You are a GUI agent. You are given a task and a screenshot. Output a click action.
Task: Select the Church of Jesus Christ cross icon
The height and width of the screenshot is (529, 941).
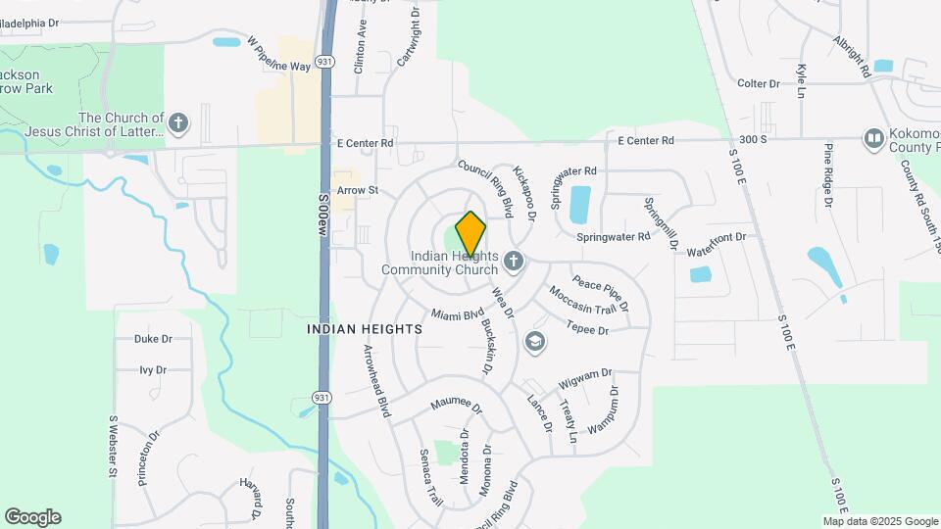[x=177, y=123]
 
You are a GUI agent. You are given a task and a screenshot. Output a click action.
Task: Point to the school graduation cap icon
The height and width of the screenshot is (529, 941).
[x=534, y=341]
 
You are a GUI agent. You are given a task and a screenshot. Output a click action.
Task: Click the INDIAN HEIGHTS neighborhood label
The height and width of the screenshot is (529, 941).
[x=365, y=329]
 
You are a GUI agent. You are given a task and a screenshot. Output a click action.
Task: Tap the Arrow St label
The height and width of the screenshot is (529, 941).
[x=357, y=189]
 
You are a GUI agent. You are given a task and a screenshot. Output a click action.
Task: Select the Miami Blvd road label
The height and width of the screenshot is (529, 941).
[x=458, y=315]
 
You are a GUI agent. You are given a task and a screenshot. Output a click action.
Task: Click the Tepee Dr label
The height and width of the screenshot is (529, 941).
[x=587, y=328]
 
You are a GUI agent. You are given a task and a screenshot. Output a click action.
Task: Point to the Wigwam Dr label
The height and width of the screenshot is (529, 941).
[x=584, y=375]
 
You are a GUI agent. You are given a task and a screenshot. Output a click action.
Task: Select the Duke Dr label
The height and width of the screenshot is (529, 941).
[x=153, y=339]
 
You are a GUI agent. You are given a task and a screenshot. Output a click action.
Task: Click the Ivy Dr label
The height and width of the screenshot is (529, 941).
[x=152, y=370]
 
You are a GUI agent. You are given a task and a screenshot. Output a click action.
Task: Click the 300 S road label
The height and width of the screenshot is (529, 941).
[x=753, y=140]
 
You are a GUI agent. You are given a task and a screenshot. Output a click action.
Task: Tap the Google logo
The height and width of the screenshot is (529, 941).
[x=32, y=517]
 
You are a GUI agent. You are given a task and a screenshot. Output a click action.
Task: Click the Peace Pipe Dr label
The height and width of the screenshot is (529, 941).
[x=600, y=292]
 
